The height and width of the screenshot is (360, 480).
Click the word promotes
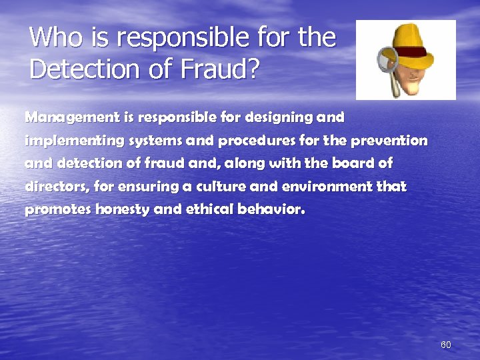click(x=58, y=210)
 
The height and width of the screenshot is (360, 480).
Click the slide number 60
click(x=446, y=345)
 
